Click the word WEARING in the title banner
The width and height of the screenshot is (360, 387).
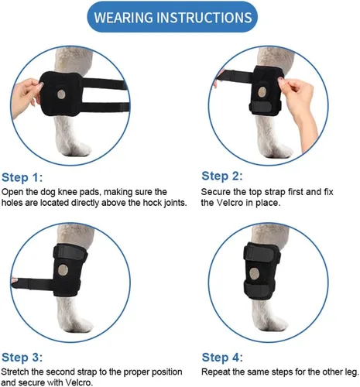tap(124, 18)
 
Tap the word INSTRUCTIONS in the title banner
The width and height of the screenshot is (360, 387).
tap(204, 18)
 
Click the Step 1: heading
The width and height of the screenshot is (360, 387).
tap(22, 178)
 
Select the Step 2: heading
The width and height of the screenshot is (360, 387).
tap(222, 176)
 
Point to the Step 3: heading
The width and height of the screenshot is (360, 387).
tap(22, 358)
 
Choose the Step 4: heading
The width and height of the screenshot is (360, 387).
tap(222, 358)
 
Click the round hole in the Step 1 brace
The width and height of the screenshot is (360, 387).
tap(61, 94)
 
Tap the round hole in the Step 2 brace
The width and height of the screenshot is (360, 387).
tap(262, 91)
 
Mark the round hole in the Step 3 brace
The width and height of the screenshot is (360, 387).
tap(63, 269)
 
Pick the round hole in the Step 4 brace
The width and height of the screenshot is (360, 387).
tap(255, 274)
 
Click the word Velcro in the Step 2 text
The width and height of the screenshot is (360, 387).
tap(230, 203)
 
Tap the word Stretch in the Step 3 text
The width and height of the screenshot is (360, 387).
tap(15, 372)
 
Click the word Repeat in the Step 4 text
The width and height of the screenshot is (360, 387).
tap(216, 372)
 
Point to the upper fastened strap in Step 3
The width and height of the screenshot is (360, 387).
tap(70, 253)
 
